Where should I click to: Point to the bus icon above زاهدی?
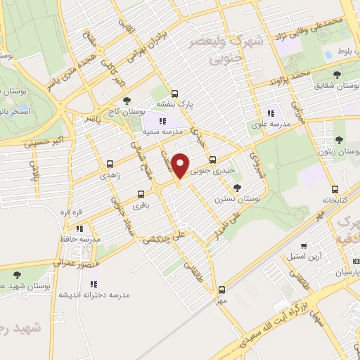(x=109, y=165)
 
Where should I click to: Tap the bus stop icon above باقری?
(x=141, y=194)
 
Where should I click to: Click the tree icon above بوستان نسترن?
(x=238, y=188)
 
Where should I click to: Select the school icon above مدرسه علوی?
(x=270, y=114)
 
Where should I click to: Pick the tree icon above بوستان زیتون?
(x=339, y=141)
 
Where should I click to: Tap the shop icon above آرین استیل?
(x=304, y=246)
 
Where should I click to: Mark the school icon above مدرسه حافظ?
(x=79, y=229)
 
